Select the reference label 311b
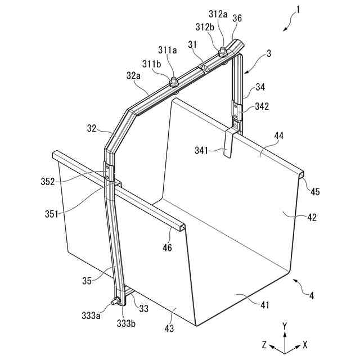pyautogui.click(x=151, y=64)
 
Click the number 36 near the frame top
pyautogui.click(x=237, y=18)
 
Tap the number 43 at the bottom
pyautogui.click(x=169, y=328)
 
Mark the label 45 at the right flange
pyautogui.click(x=315, y=191)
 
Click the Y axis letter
pyautogui.click(x=285, y=326)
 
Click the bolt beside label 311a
pyautogui.click(x=173, y=80)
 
